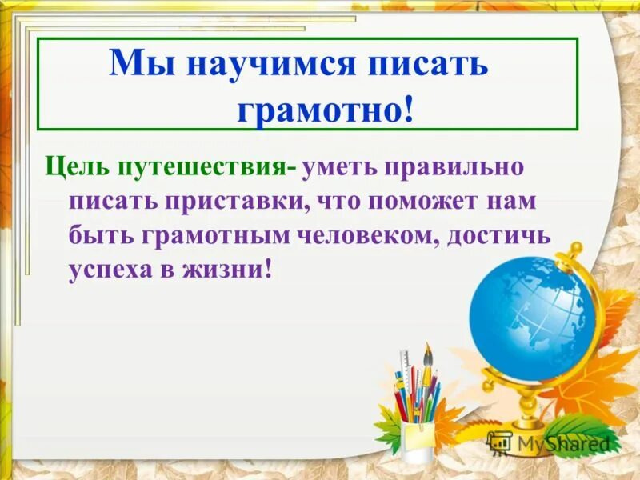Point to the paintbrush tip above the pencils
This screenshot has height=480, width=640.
pos(428,353)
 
